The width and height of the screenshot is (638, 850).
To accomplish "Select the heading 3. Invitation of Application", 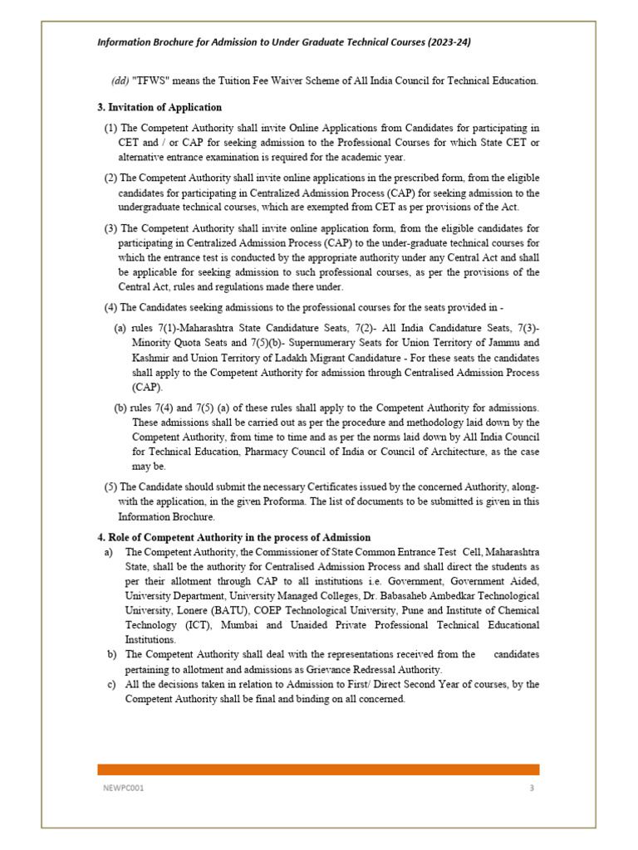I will click(159, 107).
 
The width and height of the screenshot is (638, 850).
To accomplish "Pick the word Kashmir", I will click(150, 358).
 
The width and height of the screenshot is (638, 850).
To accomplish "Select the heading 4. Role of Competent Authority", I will click(234, 538).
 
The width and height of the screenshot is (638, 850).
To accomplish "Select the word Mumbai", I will click(248, 626).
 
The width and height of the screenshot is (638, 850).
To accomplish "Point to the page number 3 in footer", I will click(532, 788).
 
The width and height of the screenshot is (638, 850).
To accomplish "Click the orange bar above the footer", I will click(318, 769).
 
